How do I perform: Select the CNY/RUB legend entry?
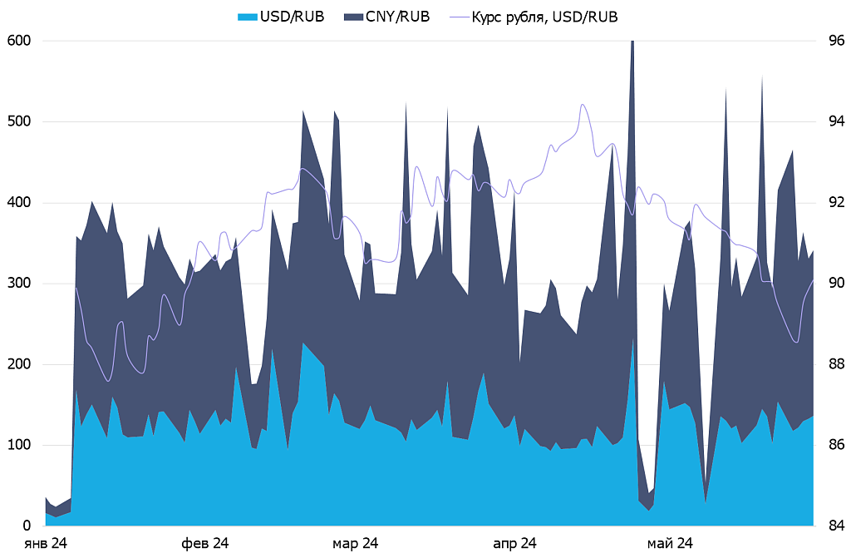(398, 16)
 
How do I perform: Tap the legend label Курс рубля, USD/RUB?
(544, 16)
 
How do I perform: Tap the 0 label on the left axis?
(27, 526)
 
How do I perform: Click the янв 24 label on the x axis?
(47, 544)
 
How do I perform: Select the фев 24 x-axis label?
(204, 544)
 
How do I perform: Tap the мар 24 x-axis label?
(356, 544)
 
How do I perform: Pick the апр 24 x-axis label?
(515, 544)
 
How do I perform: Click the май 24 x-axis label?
(670, 544)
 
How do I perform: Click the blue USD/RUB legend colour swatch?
(247, 16)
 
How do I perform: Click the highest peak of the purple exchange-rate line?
(583, 105)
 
